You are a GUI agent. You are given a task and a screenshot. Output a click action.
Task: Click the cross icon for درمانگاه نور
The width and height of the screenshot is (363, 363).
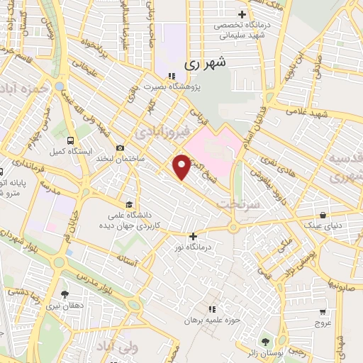pyautogui.click(x=193, y=236)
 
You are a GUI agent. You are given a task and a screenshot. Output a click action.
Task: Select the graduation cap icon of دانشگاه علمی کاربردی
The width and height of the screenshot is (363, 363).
pyautogui.click(x=128, y=202)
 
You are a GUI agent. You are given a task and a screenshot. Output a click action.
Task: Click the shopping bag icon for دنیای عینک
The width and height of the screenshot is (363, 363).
pyautogui.click(x=323, y=214)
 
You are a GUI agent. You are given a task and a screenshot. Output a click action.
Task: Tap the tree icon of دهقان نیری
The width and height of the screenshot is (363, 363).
pyautogui.click(x=65, y=294)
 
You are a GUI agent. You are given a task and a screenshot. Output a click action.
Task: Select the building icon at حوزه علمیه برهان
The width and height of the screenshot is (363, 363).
pyautogui.click(x=211, y=308)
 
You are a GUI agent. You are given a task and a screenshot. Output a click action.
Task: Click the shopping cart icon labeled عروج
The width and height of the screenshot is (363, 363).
pyautogui.click(x=323, y=311)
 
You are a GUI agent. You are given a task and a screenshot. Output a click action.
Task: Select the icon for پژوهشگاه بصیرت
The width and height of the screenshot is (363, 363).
pyautogui.click(x=170, y=76)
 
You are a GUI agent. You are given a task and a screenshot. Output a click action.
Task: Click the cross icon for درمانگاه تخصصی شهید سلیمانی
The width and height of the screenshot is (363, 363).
pyautogui.click(x=242, y=14)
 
